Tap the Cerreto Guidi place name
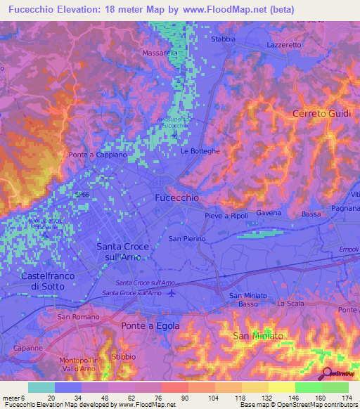click(321, 114)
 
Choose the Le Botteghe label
click(200, 151)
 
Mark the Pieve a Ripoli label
click(226, 216)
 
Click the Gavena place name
click(269, 213)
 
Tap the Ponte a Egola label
click(150, 325)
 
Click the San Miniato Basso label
click(248, 300)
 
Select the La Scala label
click(289, 304)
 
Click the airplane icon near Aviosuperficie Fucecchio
click(174, 130)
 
